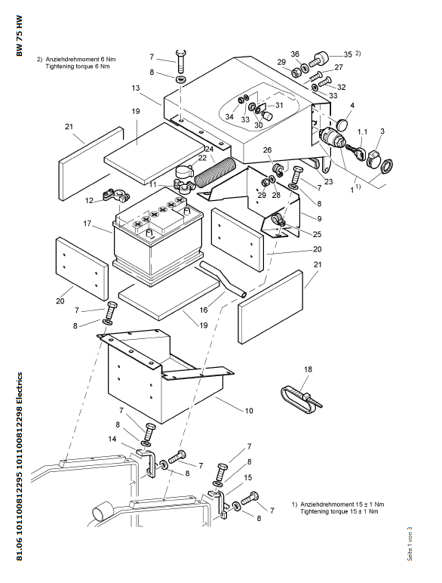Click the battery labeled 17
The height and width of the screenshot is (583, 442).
(158, 238)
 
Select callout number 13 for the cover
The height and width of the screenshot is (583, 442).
(136, 88)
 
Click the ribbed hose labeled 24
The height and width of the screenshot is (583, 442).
(215, 171)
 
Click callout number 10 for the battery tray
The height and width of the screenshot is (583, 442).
(248, 411)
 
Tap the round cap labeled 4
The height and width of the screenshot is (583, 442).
(344, 124)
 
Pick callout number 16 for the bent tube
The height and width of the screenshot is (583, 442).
(204, 310)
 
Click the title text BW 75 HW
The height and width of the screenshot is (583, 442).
(20, 35)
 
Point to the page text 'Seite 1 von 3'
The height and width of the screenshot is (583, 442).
(410, 544)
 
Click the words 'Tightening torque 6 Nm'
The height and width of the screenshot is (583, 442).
(78, 66)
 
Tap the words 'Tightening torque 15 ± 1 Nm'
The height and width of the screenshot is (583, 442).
(339, 511)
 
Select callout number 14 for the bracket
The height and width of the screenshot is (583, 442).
(112, 439)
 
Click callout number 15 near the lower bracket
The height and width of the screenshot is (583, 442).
(247, 477)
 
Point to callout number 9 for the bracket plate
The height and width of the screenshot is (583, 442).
(319, 219)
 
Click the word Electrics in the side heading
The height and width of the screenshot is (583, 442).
(20, 388)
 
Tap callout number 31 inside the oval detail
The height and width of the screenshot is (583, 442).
(279, 105)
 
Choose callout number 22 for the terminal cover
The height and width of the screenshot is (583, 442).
(202, 158)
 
